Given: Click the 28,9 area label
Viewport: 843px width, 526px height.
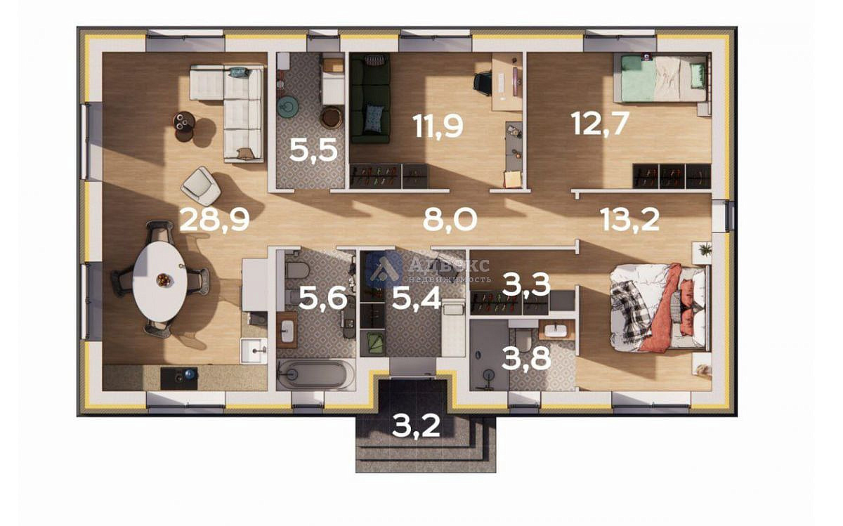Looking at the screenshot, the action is pyautogui.click(x=214, y=220).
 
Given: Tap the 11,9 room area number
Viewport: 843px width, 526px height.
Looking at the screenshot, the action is pyautogui.click(x=438, y=126).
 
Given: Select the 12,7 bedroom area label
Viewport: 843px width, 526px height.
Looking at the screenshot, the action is pyautogui.click(x=600, y=123).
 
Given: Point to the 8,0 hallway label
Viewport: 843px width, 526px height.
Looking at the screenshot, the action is pyautogui.click(x=450, y=220).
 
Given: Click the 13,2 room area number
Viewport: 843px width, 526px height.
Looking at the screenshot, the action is pyautogui.click(x=629, y=220).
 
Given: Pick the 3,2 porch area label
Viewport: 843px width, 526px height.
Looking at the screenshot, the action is pyautogui.click(x=415, y=426).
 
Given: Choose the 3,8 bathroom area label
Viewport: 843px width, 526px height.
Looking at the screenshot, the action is pyautogui.click(x=526, y=358).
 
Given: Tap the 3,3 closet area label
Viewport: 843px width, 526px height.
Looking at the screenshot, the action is pyautogui.click(x=526, y=284).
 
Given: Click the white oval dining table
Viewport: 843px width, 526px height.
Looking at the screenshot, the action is pyautogui.click(x=160, y=281).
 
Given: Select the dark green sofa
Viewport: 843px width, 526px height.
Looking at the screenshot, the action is pyautogui.click(x=370, y=98).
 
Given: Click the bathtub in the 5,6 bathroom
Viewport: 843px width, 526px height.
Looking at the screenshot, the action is pyautogui.click(x=315, y=374).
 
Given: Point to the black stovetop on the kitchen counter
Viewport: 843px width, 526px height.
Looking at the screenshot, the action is pyautogui.click(x=179, y=378).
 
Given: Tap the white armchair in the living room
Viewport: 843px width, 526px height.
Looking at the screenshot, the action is pyautogui.click(x=201, y=186).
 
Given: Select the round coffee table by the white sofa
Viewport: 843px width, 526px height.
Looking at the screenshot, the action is pyautogui.click(x=184, y=122).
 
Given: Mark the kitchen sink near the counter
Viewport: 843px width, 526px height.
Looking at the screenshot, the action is pyautogui.click(x=254, y=350).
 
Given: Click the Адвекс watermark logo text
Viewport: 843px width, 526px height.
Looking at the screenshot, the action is pyautogui.click(x=450, y=265).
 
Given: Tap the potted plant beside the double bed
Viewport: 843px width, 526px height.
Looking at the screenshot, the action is pyautogui.click(x=702, y=250).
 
